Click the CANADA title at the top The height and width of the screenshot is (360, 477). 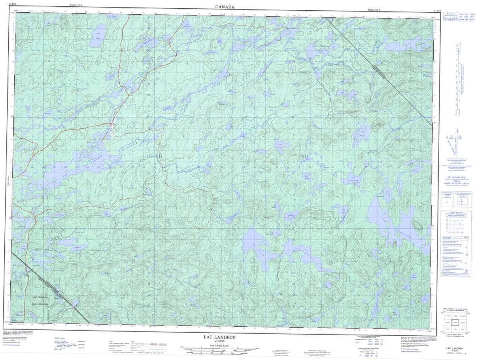tap(225, 6)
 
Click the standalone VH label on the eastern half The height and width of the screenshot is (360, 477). tap(305, 156)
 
